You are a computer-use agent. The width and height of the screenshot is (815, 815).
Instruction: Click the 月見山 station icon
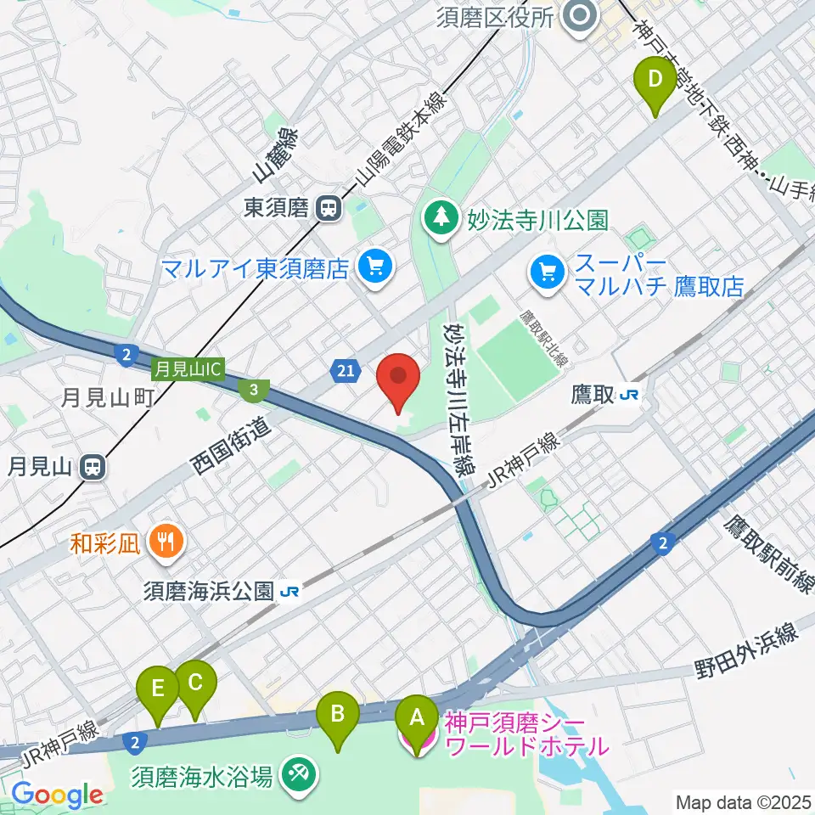coord(93,466)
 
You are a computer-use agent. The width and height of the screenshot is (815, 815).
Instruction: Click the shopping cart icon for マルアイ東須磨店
coord(374,268)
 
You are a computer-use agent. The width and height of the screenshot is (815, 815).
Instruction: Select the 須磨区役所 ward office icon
coord(582,17)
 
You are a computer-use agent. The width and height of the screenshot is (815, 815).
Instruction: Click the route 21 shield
coord(344,369)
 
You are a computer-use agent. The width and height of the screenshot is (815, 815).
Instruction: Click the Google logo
coord(57,795)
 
